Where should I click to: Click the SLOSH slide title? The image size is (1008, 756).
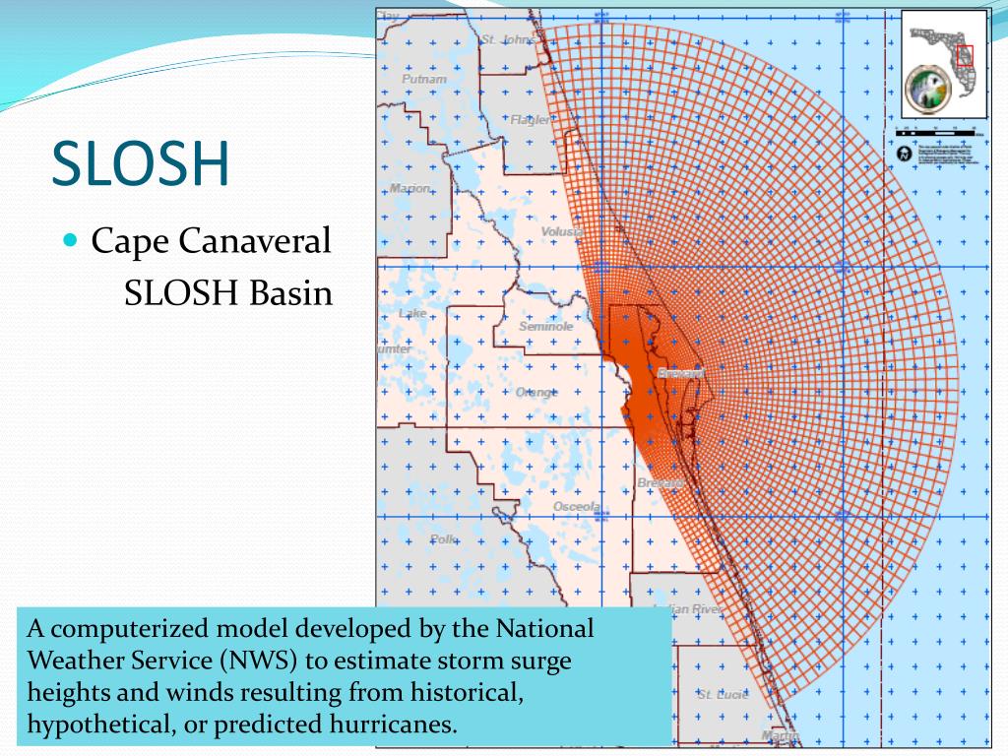(141, 163)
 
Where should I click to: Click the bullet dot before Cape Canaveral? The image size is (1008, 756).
(70, 239)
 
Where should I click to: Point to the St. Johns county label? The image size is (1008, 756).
(508, 40)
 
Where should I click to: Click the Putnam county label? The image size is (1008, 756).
(423, 79)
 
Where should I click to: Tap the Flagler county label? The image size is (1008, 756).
(531, 120)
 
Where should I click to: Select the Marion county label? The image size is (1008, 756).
(409, 189)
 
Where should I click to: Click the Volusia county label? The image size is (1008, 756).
(561, 232)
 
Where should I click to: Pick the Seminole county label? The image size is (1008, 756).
(545, 326)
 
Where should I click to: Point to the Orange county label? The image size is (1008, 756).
(535, 392)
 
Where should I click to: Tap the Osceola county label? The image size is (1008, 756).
(576, 506)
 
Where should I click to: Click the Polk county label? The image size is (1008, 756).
(444, 539)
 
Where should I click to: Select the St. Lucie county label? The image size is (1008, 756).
(723, 694)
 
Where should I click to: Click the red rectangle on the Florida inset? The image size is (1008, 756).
(964, 55)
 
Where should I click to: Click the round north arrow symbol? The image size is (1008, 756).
(905, 154)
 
